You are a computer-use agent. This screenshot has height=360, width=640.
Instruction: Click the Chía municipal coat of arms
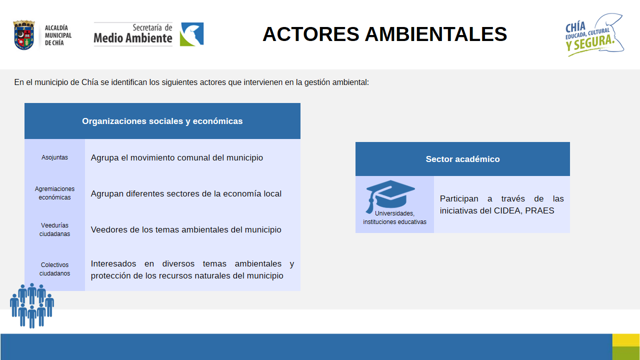coord(24,35)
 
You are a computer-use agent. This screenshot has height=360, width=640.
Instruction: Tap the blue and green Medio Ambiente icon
coord(191,34)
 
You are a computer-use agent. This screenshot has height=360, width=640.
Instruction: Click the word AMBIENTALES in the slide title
coord(436,34)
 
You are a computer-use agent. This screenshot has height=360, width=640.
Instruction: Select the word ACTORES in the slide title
coord(311,34)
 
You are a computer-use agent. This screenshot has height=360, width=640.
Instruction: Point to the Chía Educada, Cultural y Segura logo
coord(594,35)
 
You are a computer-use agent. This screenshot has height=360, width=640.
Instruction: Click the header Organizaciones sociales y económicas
coord(162,121)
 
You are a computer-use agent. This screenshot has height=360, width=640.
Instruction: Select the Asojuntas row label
coord(54,157)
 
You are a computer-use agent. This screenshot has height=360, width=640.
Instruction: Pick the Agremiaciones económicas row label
coord(54,193)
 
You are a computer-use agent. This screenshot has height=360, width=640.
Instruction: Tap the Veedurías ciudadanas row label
coord(54,229)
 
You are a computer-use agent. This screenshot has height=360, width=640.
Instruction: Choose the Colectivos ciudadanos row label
coord(54,269)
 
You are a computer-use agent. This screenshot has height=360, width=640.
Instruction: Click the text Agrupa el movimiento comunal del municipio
coord(177,157)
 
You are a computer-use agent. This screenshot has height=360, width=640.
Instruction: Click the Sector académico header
coord(462,159)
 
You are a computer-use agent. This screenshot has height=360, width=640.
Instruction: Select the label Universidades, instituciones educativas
coord(394,217)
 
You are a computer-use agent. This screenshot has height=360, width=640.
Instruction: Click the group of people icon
coord(32,305)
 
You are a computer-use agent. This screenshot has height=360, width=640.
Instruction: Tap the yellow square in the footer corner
coord(626,340)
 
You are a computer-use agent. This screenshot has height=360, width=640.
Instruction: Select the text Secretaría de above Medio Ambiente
coord(152,27)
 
